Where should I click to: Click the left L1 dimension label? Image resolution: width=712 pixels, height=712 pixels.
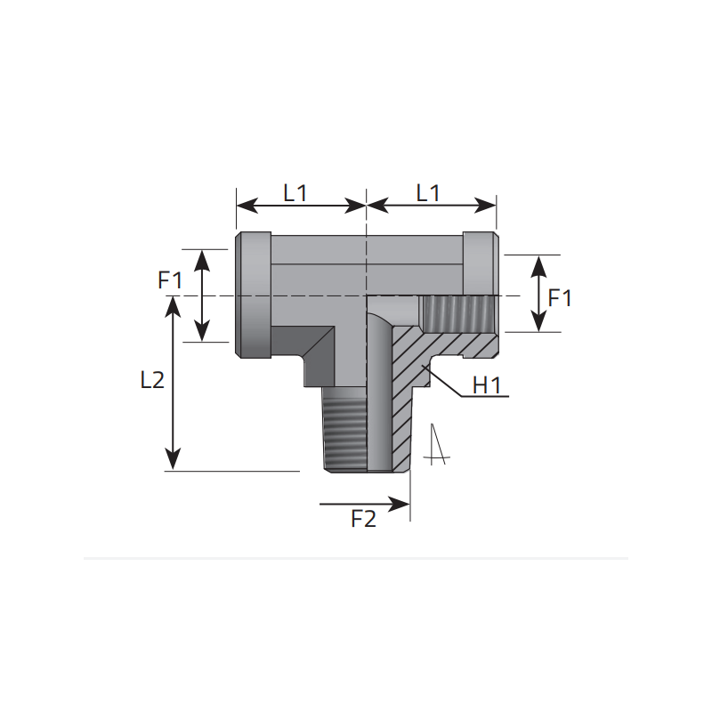click(295, 193)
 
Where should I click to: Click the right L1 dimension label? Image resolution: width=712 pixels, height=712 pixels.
click(428, 193)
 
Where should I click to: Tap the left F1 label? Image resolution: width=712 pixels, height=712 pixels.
click(170, 280)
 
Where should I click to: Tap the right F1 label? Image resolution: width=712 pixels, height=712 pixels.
click(560, 298)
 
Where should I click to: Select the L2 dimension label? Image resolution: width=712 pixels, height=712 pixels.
click(152, 380)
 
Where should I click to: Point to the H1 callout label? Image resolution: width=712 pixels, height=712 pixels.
click(487, 385)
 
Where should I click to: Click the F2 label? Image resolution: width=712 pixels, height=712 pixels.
click(364, 519)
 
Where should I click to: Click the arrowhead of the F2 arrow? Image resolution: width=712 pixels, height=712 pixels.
click(401, 504)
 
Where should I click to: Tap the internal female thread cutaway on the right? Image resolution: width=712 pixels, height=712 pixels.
click(457, 314)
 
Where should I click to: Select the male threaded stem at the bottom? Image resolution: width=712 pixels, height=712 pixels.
click(344, 428)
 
